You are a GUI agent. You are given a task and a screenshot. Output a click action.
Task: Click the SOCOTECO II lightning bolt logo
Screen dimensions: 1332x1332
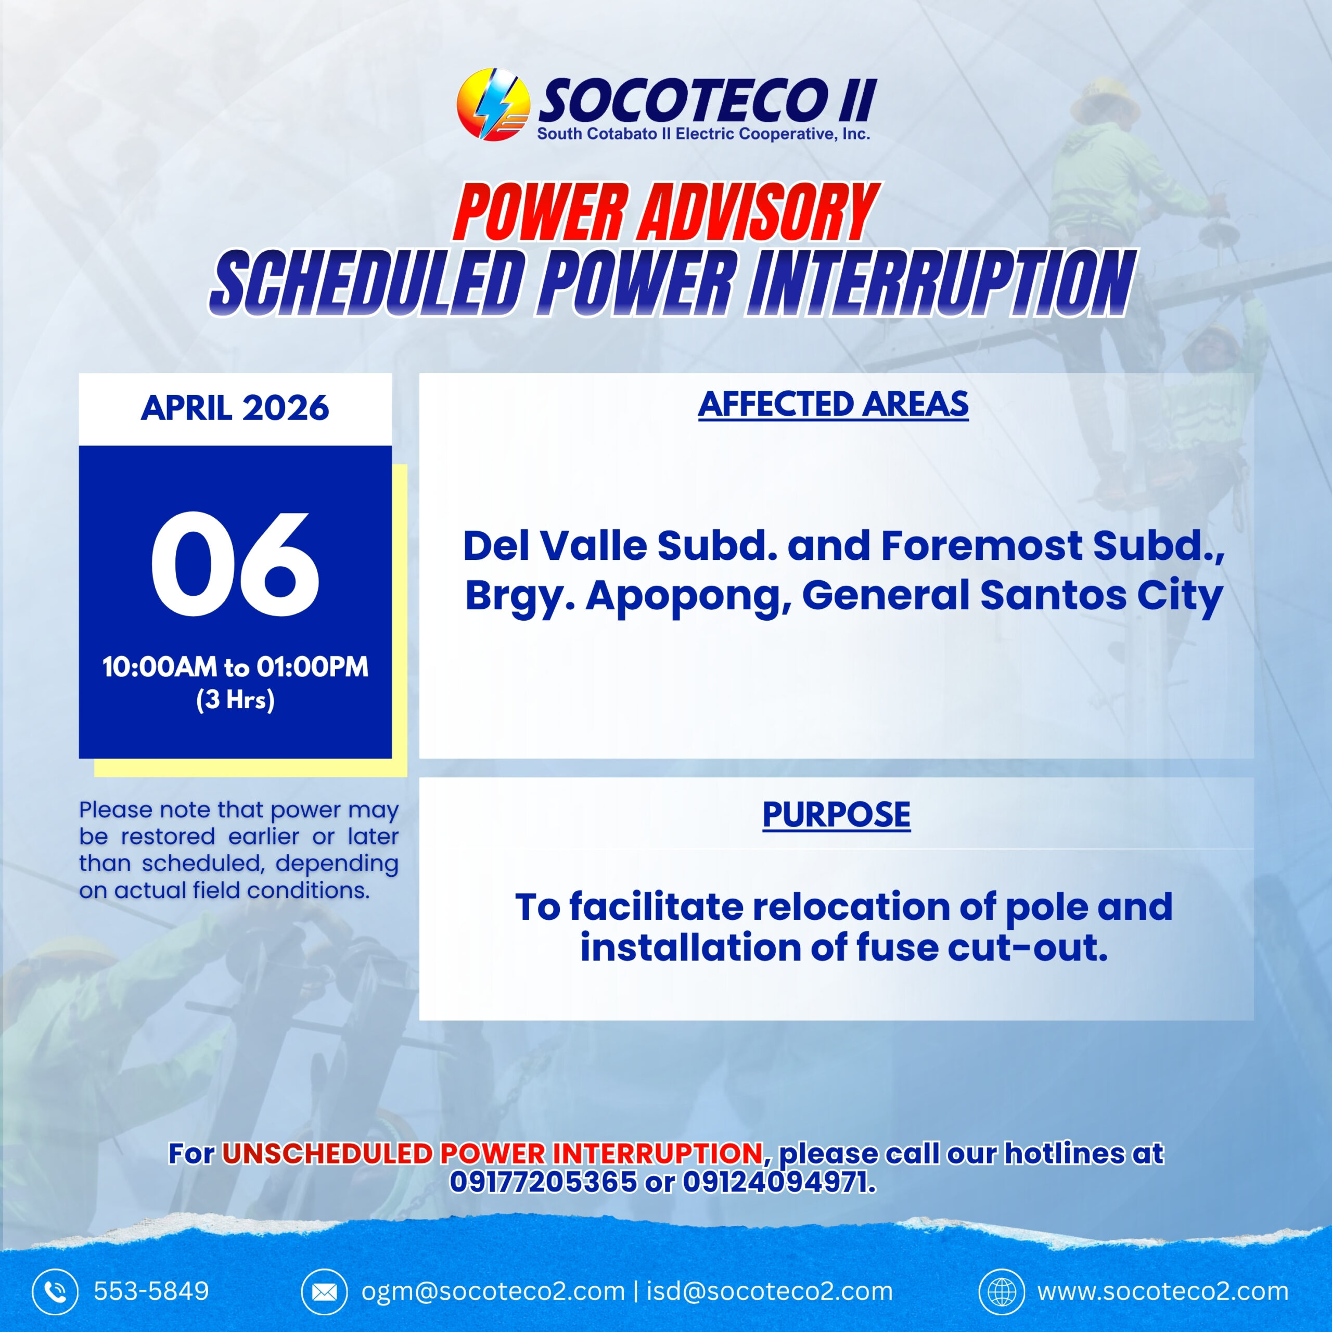[492, 105]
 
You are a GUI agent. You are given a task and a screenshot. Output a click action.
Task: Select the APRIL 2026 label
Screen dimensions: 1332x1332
[235, 408]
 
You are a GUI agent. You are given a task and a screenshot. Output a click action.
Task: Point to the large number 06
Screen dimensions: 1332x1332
[235, 564]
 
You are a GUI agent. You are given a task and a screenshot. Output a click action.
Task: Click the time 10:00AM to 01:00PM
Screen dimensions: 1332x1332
[235, 667]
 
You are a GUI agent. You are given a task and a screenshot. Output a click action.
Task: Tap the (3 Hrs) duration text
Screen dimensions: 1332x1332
[235, 700]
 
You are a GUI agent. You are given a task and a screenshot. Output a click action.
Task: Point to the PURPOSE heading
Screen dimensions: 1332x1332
[836, 815]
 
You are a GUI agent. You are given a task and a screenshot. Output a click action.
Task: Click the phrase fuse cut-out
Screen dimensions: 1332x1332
[982, 947]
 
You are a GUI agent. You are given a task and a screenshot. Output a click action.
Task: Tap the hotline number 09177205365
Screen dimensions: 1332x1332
[543, 1182]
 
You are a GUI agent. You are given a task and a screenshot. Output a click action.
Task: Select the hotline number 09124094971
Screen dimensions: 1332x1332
[779, 1182]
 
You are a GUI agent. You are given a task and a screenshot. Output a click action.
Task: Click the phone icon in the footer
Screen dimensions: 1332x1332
[55, 1291]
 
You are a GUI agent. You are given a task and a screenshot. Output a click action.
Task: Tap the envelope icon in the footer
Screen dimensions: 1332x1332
[324, 1291]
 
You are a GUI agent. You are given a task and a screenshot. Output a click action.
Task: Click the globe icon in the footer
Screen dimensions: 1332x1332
[1002, 1291]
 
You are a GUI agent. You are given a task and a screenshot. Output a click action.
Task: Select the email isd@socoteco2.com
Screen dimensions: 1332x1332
[770, 1291]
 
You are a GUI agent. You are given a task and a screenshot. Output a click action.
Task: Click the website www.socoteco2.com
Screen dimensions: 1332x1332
[1163, 1291]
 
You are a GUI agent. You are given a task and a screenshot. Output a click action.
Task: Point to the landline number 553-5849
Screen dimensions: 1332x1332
[151, 1291]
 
